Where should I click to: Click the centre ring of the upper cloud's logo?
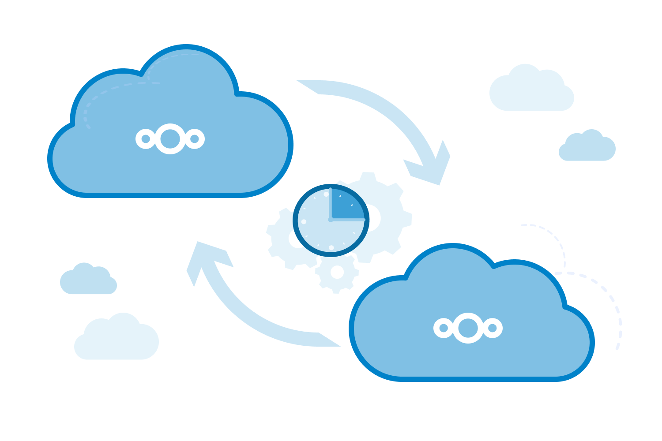click(x=170, y=139)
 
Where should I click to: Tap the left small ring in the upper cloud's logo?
click(x=146, y=139)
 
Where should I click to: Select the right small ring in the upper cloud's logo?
click(x=195, y=139)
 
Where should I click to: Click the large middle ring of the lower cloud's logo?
click(x=468, y=328)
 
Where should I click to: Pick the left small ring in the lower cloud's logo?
click(x=444, y=328)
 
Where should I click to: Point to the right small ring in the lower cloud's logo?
click(x=493, y=328)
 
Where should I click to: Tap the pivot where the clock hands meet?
click(x=331, y=219)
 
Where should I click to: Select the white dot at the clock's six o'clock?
click(x=331, y=247)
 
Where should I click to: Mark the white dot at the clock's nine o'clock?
click(x=304, y=221)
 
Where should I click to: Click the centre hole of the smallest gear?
click(x=337, y=272)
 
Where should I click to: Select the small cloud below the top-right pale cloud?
click(x=587, y=148)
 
